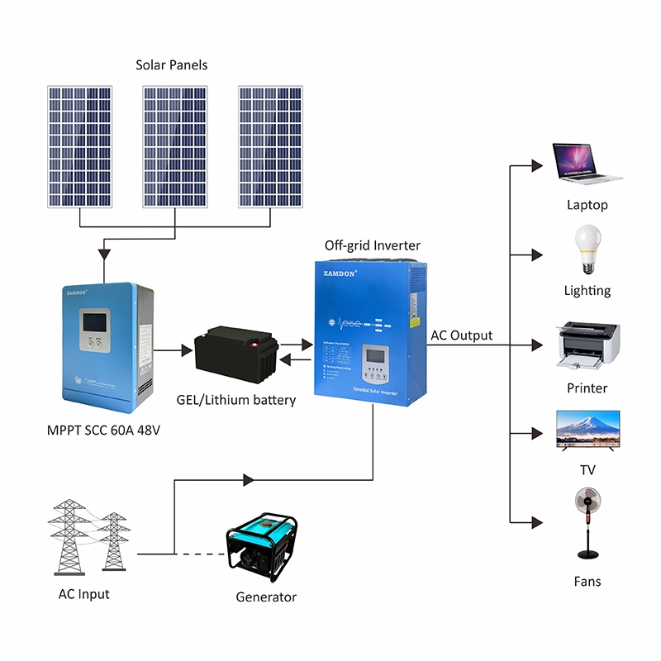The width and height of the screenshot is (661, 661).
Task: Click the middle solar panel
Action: coord(174,146)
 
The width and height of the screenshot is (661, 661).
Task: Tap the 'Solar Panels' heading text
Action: coord(172,64)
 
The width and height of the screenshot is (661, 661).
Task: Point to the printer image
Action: coord(587,343)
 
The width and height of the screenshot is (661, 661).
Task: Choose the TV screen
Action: coord(587,429)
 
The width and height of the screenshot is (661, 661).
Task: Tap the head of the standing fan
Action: coord(587,499)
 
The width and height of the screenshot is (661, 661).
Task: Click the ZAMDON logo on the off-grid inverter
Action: coord(339,273)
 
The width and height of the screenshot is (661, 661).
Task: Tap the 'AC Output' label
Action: coord(461,335)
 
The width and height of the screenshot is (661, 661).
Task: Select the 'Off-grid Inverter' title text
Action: coord(372,245)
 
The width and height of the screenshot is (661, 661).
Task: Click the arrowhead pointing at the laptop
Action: coord(538,164)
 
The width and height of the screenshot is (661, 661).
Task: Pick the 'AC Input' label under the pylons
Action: coord(83,594)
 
